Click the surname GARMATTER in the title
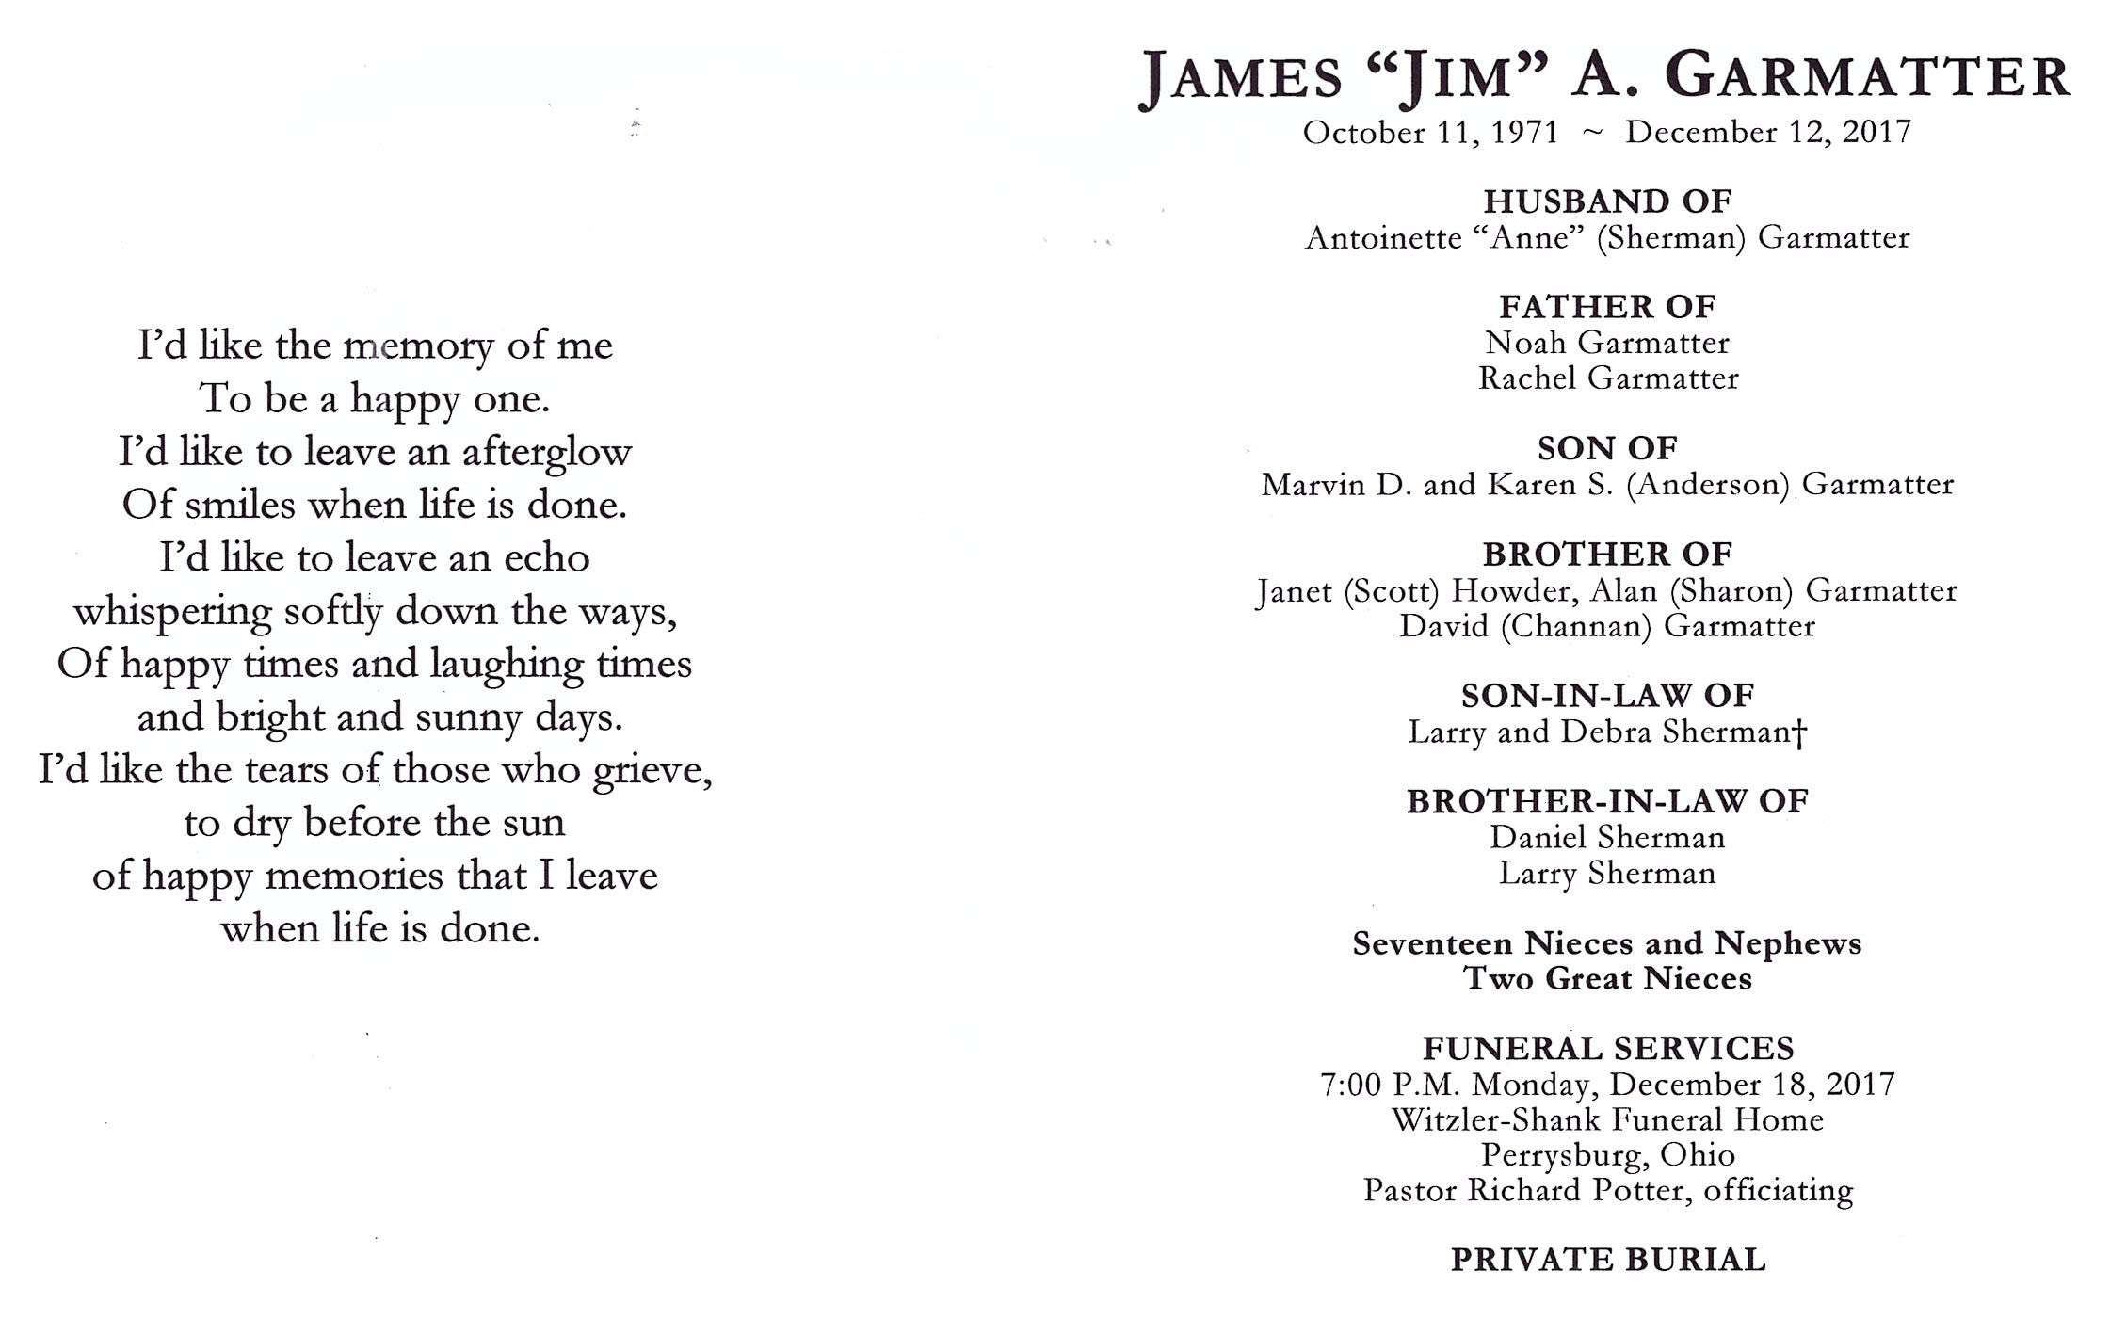tap(1868, 77)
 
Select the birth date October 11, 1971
tap(1430, 133)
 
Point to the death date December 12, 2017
tap(1768, 132)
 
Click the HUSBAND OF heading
tap(1607, 201)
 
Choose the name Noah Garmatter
tap(1607, 343)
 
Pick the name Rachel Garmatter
tap(1607, 378)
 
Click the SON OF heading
tap(1607, 448)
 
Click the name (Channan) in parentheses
tap(1575, 627)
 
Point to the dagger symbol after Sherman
tap(1800, 732)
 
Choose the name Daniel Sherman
tap(1607, 838)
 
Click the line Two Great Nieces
tap(1607, 979)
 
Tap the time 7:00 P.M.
tap(1391, 1086)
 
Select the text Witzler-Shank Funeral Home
tap(1607, 1120)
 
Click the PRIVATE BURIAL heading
tap(1607, 1260)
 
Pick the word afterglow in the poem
tap(546, 453)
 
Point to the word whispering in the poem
tap(173, 613)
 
